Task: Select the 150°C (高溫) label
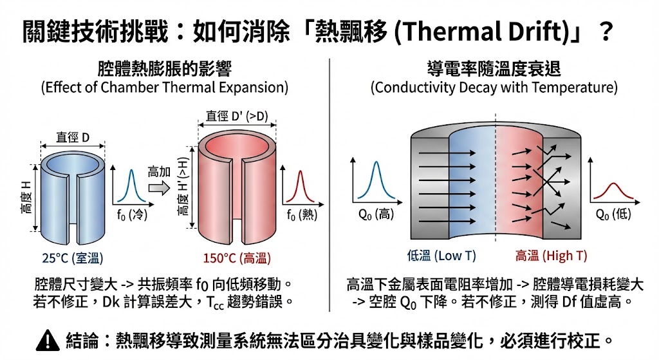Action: click(x=237, y=258)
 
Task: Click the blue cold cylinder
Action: click(x=73, y=200)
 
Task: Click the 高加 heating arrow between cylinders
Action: click(x=158, y=187)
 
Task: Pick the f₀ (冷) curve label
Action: click(x=131, y=215)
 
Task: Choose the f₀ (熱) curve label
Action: click(x=301, y=215)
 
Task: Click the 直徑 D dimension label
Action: click(x=73, y=137)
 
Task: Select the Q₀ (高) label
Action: click(x=376, y=214)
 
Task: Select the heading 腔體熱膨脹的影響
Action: click(x=164, y=68)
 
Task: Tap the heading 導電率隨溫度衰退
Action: click(x=494, y=68)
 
